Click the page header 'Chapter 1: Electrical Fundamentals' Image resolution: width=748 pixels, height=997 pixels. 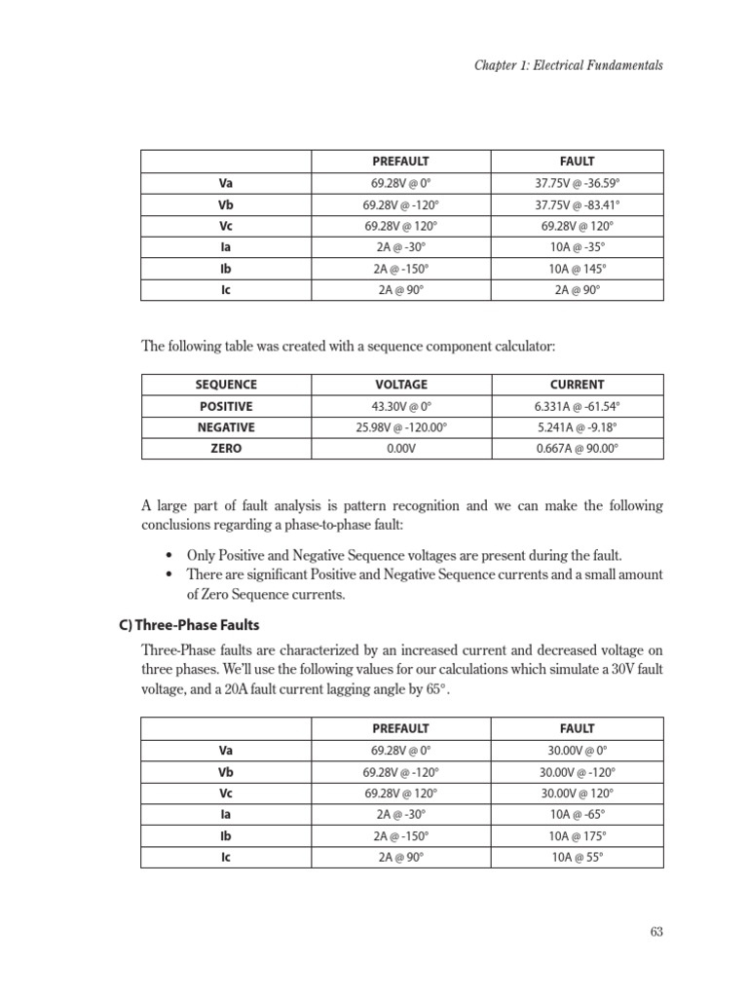pyautogui.click(x=569, y=65)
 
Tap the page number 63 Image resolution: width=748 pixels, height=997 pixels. pyautogui.click(x=655, y=932)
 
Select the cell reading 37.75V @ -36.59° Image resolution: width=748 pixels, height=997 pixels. pyautogui.click(x=578, y=182)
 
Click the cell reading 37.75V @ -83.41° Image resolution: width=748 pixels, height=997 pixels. pyautogui.click(x=578, y=204)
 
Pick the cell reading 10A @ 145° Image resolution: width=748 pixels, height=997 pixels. pyautogui.click(x=578, y=269)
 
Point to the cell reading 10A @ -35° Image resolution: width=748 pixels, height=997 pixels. pyautogui.click(x=578, y=247)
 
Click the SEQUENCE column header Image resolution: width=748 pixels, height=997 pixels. pyautogui.click(x=226, y=385)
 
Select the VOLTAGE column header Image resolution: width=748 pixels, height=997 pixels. pyautogui.click(x=401, y=385)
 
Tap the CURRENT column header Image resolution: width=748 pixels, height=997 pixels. pyautogui.click(x=578, y=385)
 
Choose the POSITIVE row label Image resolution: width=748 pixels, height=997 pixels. pyautogui.click(x=226, y=406)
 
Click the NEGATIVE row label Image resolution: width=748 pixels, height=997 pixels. pyautogui.click(x=226, y=427)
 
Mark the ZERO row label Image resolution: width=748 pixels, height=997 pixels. pyautogui.click(x=226, y=449)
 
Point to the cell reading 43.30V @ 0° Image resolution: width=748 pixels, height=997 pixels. pyautogui.click(x=401, y=406)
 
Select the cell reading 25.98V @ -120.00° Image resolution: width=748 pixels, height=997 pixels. pyautogui.click(x=401, y=427)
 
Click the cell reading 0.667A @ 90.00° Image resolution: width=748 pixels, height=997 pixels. pyautogui.click(x=578, y=449)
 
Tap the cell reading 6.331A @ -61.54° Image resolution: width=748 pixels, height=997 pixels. pyautogui.click(x=578, y=406)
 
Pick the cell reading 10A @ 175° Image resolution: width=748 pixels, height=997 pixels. pyautogui.click(x=578, y=836)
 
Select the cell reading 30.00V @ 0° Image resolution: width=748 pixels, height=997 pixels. pyautogui.click(x=578, y=751)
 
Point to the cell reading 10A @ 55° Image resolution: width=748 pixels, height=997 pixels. pyautogui.click(x=578, y=858)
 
